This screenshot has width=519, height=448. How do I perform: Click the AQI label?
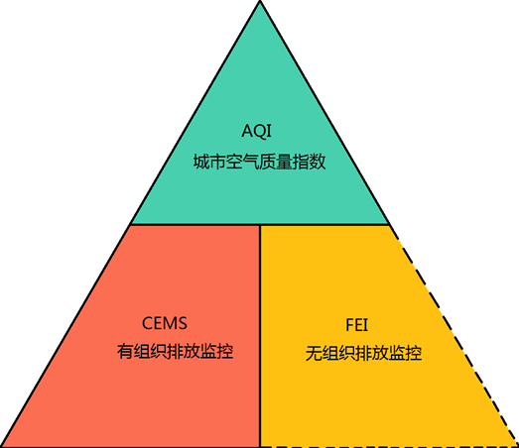click(x=256, y=131)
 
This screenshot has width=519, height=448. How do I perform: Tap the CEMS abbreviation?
click(x=165, y=323)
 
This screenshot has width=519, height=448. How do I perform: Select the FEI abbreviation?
click(x=357, y=325)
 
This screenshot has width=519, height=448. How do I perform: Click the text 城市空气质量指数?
click(x=260, y=162)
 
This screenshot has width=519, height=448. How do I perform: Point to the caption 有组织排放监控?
click(x=175, y=351)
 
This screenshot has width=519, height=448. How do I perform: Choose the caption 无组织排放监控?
click(x=363, y=354)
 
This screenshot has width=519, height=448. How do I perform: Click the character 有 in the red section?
click(x=125, y=351)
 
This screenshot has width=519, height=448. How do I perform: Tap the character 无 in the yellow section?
click(x=314, y=354)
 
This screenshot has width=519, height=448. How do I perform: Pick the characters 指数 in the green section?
click(x=310, y=162)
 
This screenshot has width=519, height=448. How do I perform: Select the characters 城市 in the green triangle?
click(x=209, y=162)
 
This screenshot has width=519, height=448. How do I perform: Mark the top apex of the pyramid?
click(x=260, y=1)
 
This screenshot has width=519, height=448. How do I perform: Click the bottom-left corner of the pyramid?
click(x=2, y=446)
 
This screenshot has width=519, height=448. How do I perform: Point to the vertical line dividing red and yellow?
click(x=260, y=336)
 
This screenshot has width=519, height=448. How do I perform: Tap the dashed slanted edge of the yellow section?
click(x=454, y=336)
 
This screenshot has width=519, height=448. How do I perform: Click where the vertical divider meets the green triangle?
click(x=260, y=225)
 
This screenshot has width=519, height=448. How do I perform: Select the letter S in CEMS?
click(x=183, y=323)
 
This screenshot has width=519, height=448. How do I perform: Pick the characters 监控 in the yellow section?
click(x=406, y=354)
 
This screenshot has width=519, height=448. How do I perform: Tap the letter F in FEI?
click(x=349, y=325)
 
